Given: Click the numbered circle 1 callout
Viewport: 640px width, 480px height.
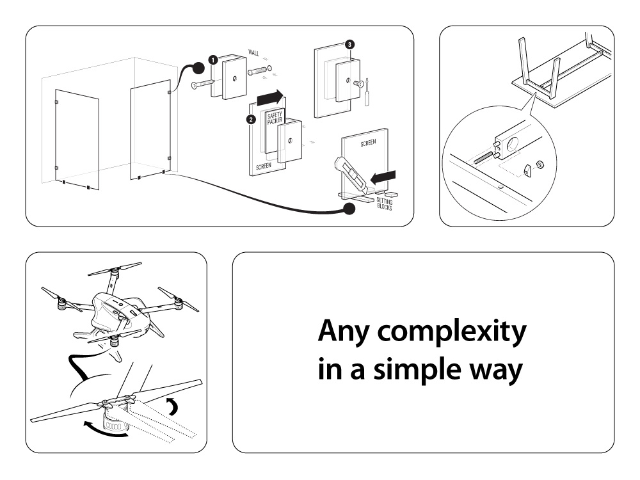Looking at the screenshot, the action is pos(213,60).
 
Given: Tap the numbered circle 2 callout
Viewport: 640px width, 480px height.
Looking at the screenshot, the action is pos(251,120).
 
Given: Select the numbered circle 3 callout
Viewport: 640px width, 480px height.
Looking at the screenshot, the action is pos(349,45).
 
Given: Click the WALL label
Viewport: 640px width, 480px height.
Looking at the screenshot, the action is pos(254,52).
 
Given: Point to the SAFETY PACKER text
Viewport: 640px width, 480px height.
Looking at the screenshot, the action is pos(275,118).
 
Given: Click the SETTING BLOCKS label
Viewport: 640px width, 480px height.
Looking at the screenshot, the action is pos(385,204).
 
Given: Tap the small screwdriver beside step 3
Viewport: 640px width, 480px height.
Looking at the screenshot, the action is pos(367,93).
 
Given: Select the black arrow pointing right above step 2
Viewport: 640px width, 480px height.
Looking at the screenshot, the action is pos(270,98).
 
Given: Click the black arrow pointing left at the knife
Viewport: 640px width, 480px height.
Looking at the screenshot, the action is pos(383,177).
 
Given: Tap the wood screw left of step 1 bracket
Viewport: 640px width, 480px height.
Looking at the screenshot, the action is pos(202,84).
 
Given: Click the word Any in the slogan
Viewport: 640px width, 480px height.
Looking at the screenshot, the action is pos(344,332).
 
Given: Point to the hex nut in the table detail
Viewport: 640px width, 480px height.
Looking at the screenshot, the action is pos(539,165).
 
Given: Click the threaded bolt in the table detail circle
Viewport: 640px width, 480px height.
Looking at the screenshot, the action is pos(484,157).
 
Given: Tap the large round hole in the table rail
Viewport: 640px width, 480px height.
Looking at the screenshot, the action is pos(512,144).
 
